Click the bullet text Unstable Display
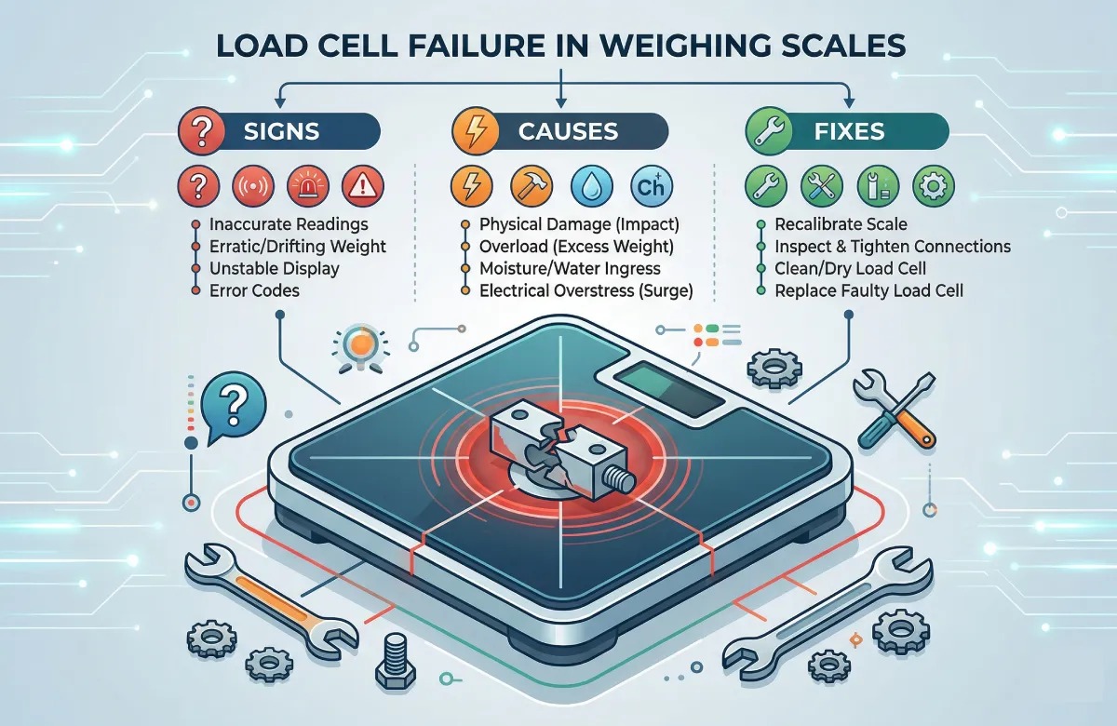[x=274, y=269]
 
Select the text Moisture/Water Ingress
[x=569, y=269]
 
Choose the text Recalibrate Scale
[x=840, y=225]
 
